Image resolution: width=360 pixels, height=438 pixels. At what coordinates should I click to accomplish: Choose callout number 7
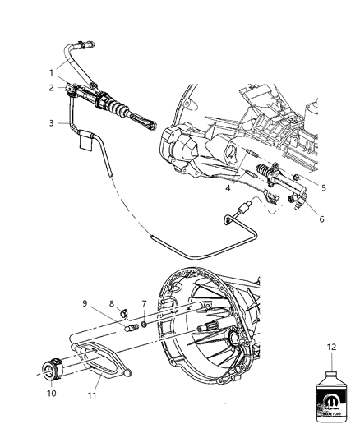(144, 303)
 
